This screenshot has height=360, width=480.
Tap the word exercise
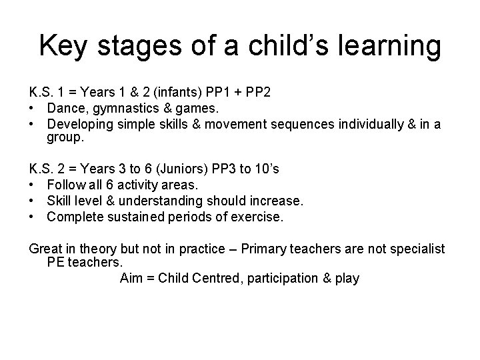coord(257,216)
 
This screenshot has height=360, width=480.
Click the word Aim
coord(131,278)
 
